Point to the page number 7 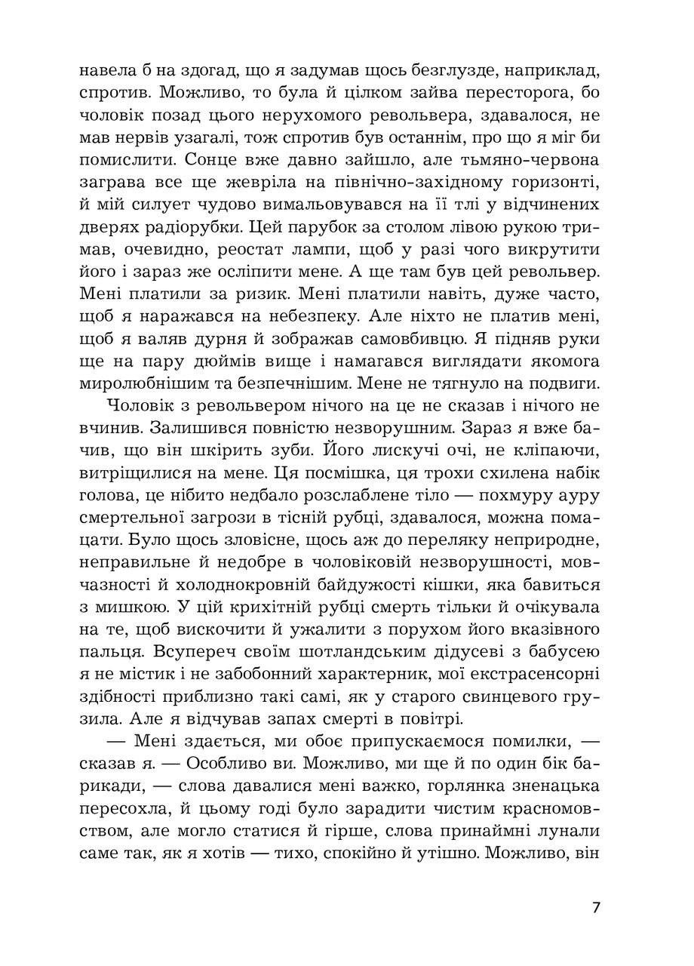[596, 907]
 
